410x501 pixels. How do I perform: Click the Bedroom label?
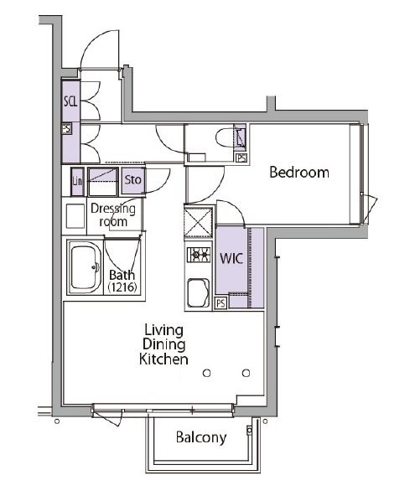298,173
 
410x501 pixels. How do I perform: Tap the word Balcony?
200,437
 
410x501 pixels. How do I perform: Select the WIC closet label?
231,259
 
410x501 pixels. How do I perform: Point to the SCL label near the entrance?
70,101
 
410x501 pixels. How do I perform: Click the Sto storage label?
132,179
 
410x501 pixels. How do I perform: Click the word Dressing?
112,209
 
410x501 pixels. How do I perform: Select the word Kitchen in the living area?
163,359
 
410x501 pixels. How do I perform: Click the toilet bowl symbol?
223,137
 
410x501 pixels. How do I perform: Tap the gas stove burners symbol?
199,256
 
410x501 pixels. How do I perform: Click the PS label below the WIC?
221,303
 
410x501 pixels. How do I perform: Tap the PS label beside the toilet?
241,158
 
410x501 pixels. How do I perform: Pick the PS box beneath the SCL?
66,130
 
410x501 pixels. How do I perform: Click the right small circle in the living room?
245,372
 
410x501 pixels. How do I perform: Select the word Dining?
163,344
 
